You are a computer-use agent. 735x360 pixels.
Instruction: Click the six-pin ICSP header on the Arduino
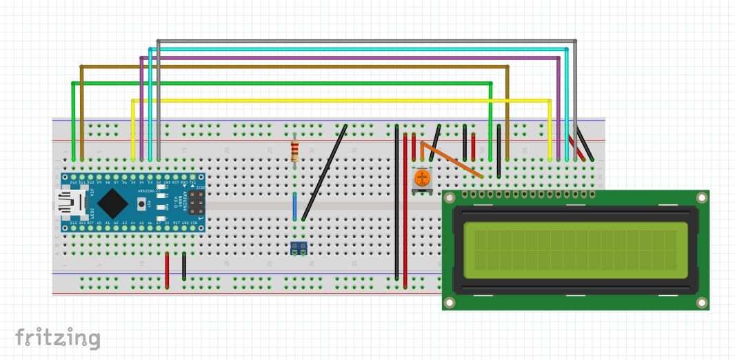[x=197, y=202]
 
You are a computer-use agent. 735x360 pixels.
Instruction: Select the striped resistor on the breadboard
[x=295, y=150]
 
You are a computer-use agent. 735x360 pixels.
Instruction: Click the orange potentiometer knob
[x=422, y=179]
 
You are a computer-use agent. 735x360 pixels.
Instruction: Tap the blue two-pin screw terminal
[x=299, y=248]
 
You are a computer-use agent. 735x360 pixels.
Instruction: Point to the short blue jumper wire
[x=295, y=206]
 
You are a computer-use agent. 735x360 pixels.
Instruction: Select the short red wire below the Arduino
[x=167, y=269]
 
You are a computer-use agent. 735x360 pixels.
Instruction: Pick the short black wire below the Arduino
[x=184, y=266]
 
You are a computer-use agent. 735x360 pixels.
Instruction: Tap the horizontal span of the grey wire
[x=365, y=41]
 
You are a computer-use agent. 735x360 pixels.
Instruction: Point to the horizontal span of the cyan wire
[x=359, y=49]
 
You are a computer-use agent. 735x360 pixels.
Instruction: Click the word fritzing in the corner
[x=58, y=338]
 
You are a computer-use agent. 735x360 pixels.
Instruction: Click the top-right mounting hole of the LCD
[x=701, y=198]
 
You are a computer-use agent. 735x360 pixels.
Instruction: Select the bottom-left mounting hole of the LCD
[x=450, y=302]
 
